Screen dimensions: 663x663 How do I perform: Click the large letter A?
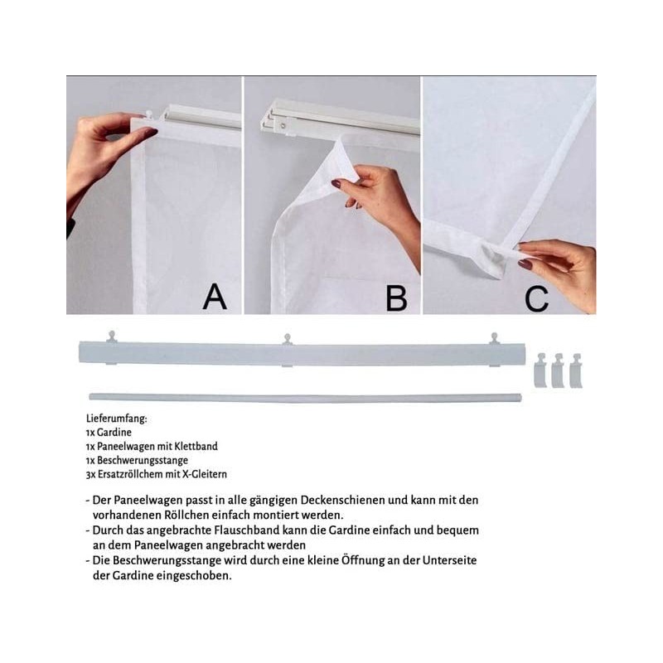tap(215, 297)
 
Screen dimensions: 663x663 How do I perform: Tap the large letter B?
tap(396, 298)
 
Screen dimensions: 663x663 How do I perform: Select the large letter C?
tap(536, 298)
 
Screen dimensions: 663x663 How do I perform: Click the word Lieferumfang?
tap(116, 419)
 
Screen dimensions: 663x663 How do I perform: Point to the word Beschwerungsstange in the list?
tap(143, 460)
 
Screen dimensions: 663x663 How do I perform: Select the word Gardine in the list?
tap(114, 432)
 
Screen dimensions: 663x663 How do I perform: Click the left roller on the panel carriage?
tap(111, 336)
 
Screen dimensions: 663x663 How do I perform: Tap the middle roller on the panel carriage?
tap(288, 339)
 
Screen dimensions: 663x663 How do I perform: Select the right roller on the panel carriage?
tap(494, 338)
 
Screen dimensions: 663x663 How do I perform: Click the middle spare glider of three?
tap(558, 370)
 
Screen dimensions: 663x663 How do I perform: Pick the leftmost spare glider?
tap(541, 370)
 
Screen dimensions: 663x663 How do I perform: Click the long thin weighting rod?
tap(305, 398)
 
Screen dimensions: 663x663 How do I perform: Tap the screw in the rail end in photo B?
tap(283, 125)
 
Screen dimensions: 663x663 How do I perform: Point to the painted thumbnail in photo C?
tap(525, 264)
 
